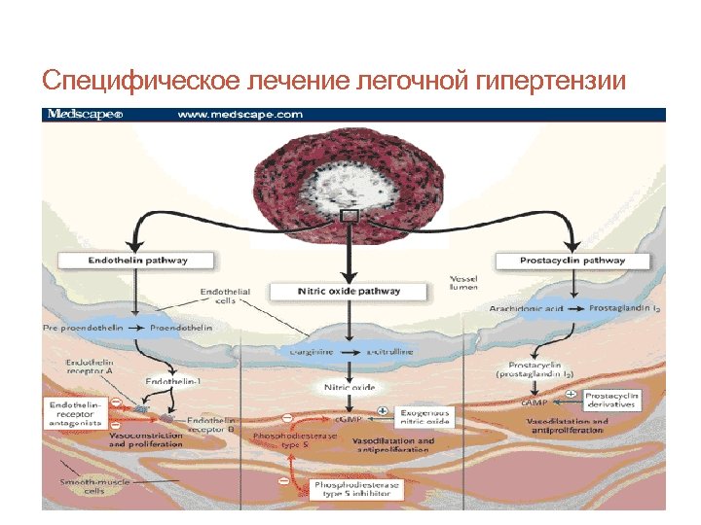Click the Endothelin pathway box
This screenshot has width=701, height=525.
point(137,261)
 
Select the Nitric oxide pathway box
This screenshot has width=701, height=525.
point(348,291)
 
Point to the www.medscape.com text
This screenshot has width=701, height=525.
point(240,115)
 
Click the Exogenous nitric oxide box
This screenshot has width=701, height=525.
point(424,418)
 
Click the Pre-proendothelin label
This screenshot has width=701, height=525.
point(83,328)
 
